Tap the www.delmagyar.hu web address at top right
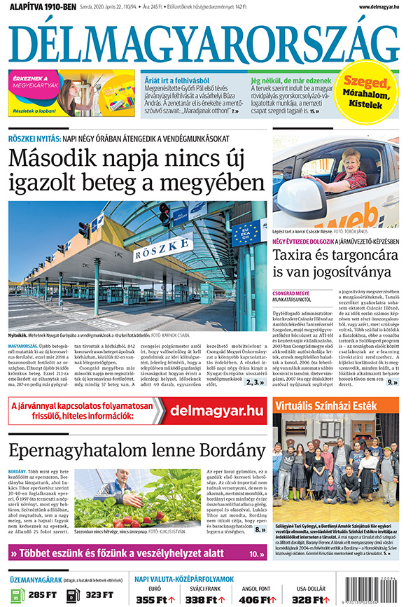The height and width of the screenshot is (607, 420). pos(379,7)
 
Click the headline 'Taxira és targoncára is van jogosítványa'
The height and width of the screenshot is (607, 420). pos(335,265)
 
